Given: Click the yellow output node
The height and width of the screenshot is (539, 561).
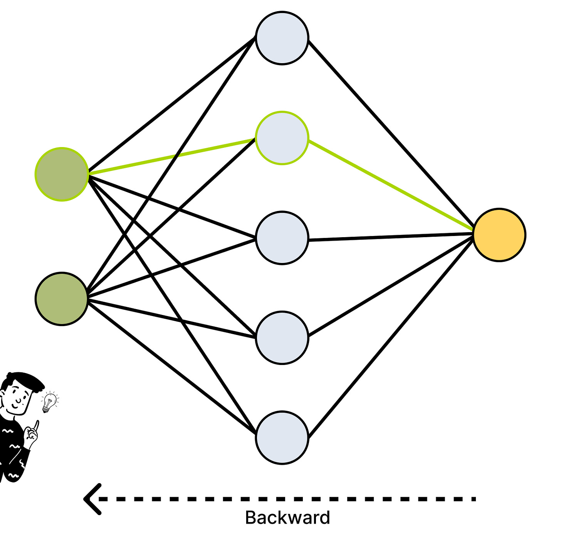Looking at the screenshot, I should [499, 235].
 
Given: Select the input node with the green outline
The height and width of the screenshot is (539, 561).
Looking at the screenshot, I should [62, 174].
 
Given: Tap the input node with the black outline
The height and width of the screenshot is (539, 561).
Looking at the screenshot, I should [62, 299].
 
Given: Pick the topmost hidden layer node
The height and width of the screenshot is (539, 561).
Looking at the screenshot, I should [282, 38].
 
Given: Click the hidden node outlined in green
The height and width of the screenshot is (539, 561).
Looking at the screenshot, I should [282, 138].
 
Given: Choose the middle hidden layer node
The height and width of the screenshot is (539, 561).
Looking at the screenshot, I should [282, 238].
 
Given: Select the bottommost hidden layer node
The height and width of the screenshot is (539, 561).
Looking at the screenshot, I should [282, 437].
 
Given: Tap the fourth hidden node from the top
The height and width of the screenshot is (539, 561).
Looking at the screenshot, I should [282, 338].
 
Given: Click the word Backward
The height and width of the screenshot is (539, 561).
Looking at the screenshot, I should [287, 518].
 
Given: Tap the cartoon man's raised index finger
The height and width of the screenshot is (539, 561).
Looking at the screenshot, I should [36, 425].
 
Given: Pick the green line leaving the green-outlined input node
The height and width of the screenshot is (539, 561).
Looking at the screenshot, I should [171, 157].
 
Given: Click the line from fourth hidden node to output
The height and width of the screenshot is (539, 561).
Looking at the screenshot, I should [391, 287].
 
